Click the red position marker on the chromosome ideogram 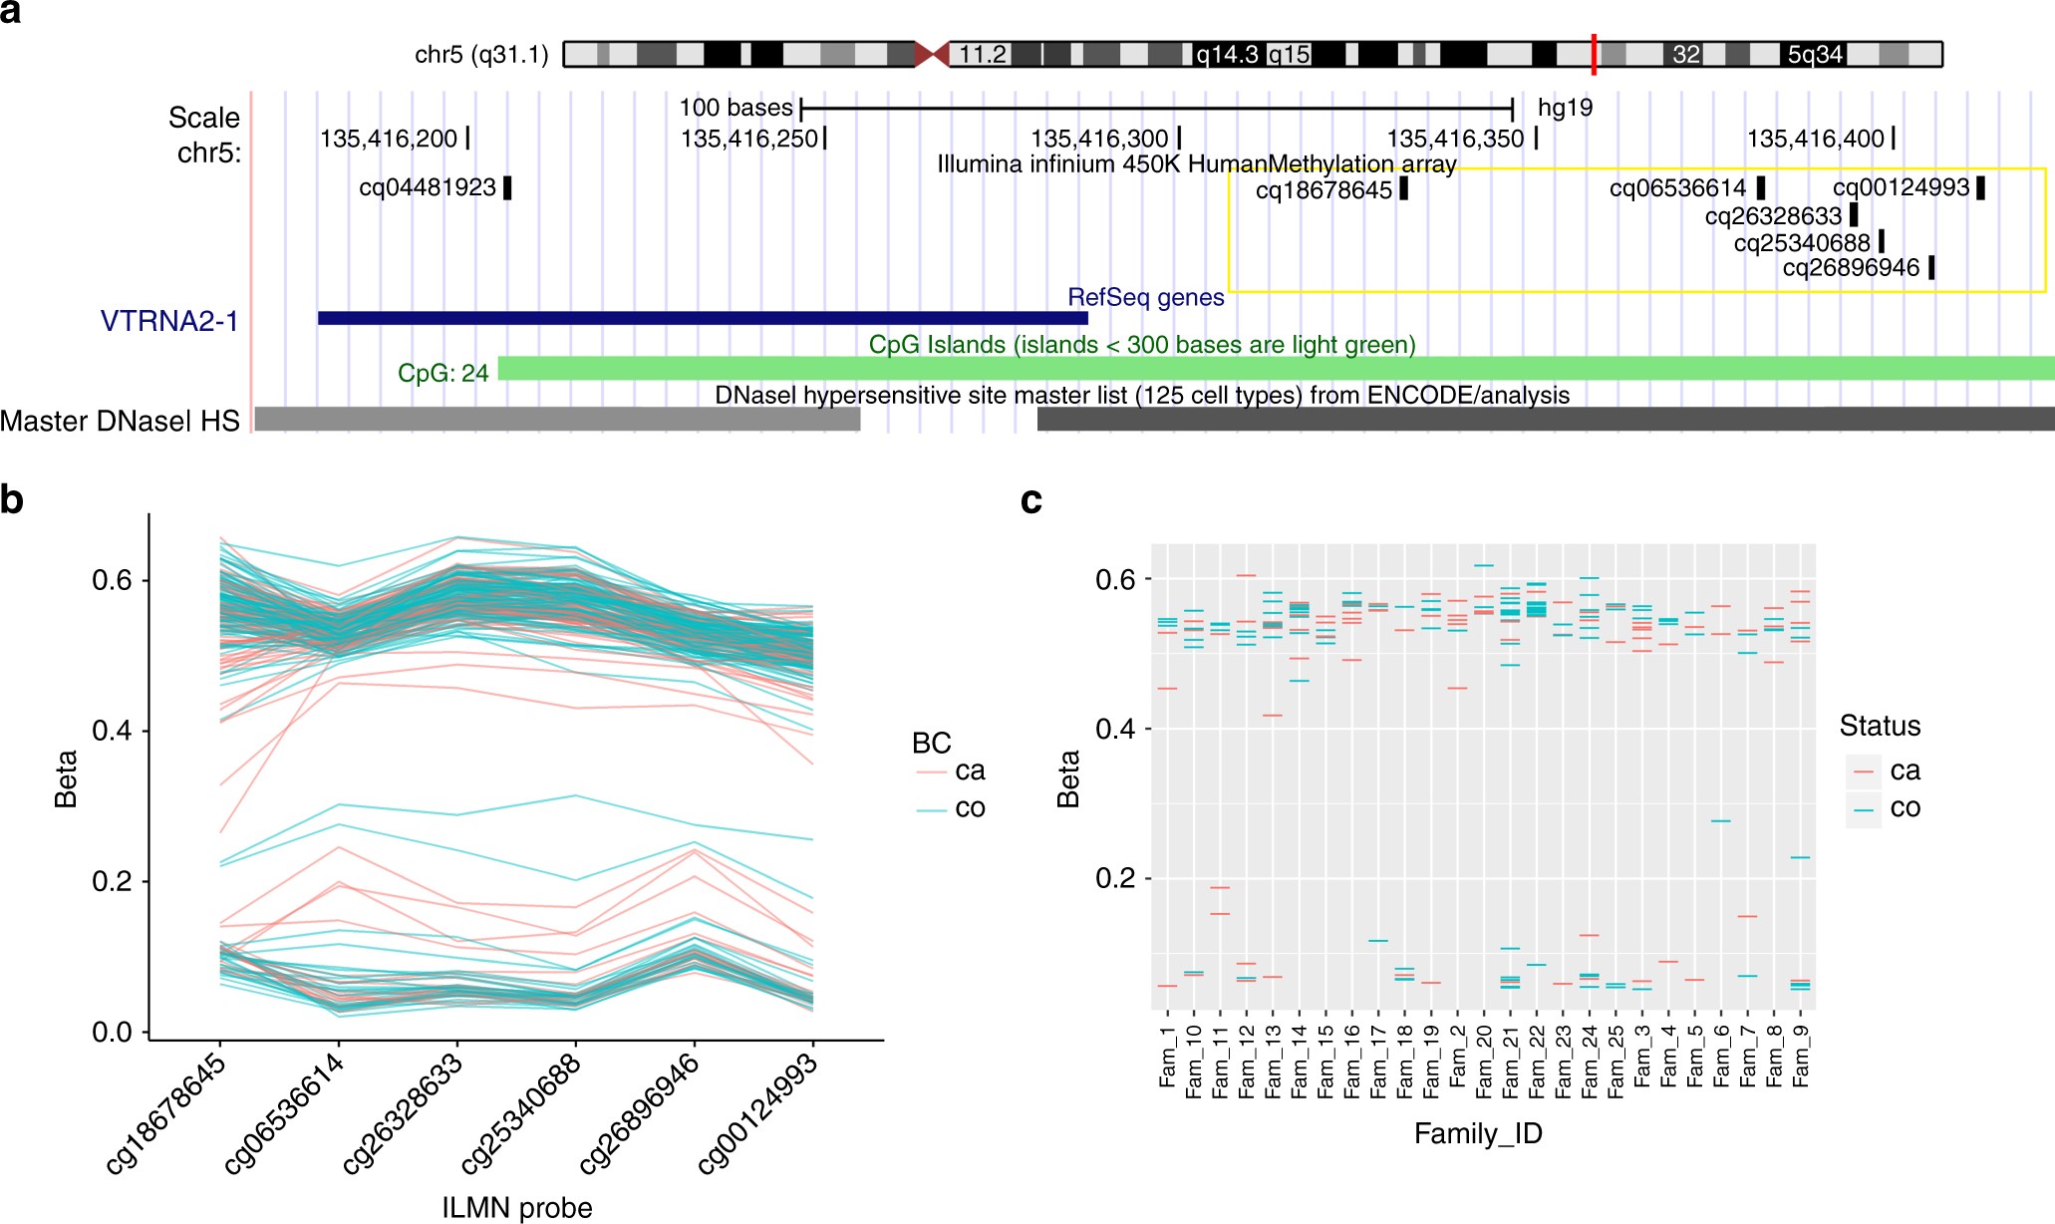point(1594,54)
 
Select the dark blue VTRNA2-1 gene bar point(703,318)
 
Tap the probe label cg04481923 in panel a point(428,187)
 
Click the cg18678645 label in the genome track point(1323,189)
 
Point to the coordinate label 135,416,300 point(1099,139)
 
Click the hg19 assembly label point(1565,108)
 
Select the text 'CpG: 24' point(443,373)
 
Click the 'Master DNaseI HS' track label point(120,421)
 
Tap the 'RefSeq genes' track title point(1145,297)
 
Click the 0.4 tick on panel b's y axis point(112,731)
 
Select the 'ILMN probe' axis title point(517,1207)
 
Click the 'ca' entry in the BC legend point(969,770)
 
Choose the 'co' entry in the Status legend point(1905,807)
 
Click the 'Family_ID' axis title point(1478,1133)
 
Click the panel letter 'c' point(1031,499)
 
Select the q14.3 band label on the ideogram point(1227,54)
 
